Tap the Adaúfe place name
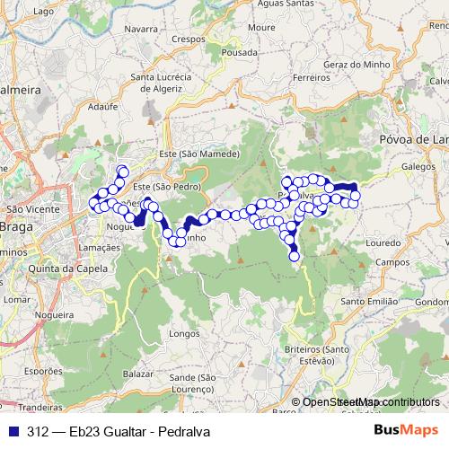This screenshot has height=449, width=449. point(104,105)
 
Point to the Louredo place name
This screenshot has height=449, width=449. point(383,242)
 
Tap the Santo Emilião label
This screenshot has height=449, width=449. point(368,302)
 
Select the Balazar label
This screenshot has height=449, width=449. point(139,372)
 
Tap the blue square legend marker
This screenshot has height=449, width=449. point(14,429)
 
